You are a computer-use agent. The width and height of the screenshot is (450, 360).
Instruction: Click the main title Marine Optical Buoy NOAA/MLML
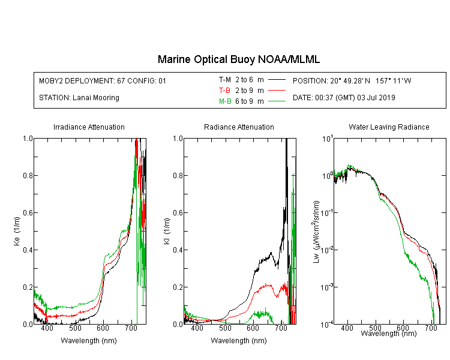(238, 60)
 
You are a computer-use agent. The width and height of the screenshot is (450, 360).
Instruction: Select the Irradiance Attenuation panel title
(89, 127)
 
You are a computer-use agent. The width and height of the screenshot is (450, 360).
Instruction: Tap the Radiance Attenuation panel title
(239, 127)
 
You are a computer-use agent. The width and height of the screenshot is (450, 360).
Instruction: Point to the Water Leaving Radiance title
(389, 127)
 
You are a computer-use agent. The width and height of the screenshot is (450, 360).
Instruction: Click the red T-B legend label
(224, 91)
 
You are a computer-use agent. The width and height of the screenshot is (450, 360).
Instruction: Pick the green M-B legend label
(225, 101)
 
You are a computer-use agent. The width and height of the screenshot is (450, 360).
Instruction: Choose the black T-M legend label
(225, 80)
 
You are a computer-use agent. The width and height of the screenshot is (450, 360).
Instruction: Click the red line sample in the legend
(277, 91)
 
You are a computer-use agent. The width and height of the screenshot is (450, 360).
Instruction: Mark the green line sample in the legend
(277, 101)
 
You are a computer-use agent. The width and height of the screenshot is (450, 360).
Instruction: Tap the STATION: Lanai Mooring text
(79, 98)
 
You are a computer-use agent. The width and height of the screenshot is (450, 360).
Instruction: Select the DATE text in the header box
(344, 98)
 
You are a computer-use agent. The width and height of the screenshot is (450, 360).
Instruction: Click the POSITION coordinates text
(352, 80)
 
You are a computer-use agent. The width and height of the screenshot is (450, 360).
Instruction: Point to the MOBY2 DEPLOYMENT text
(103, 80)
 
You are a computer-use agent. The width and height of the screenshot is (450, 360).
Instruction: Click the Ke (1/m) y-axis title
(17, 232)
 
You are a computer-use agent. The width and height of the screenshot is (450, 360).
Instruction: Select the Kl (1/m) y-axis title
(167, 232)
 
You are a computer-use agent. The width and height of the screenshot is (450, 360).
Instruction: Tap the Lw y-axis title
(316, 232)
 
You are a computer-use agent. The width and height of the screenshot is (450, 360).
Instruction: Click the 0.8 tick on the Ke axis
(28, 175)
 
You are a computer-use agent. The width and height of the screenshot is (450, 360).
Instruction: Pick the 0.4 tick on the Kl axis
(178, 250)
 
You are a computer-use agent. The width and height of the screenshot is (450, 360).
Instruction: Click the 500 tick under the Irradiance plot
(75, 328)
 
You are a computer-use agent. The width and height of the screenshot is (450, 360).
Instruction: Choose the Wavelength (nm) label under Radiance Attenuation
(239, 341)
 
